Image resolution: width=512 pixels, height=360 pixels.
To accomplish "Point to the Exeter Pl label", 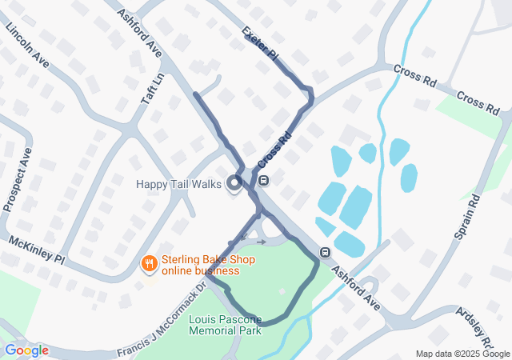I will [x=260, y=45].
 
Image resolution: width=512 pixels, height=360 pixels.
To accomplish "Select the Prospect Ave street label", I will [x=18, y=179].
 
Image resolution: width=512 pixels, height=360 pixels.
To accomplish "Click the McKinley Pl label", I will [x=36, y=249].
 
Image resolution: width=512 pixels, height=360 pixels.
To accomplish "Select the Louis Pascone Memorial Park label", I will [x=225, y=325].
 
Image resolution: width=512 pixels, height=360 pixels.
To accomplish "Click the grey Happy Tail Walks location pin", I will [x=234, y=184].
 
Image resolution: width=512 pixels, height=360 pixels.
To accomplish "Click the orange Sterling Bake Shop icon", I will [x=148, y=263].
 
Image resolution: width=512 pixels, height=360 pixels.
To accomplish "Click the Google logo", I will [x=26, y=350].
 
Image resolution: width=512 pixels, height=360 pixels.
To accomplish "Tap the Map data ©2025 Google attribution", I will [x=462, y=354].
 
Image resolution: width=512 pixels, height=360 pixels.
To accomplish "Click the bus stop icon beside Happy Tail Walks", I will [x=264, y=179].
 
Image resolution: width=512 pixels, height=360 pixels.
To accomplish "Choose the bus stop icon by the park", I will [x=326, y=252].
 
